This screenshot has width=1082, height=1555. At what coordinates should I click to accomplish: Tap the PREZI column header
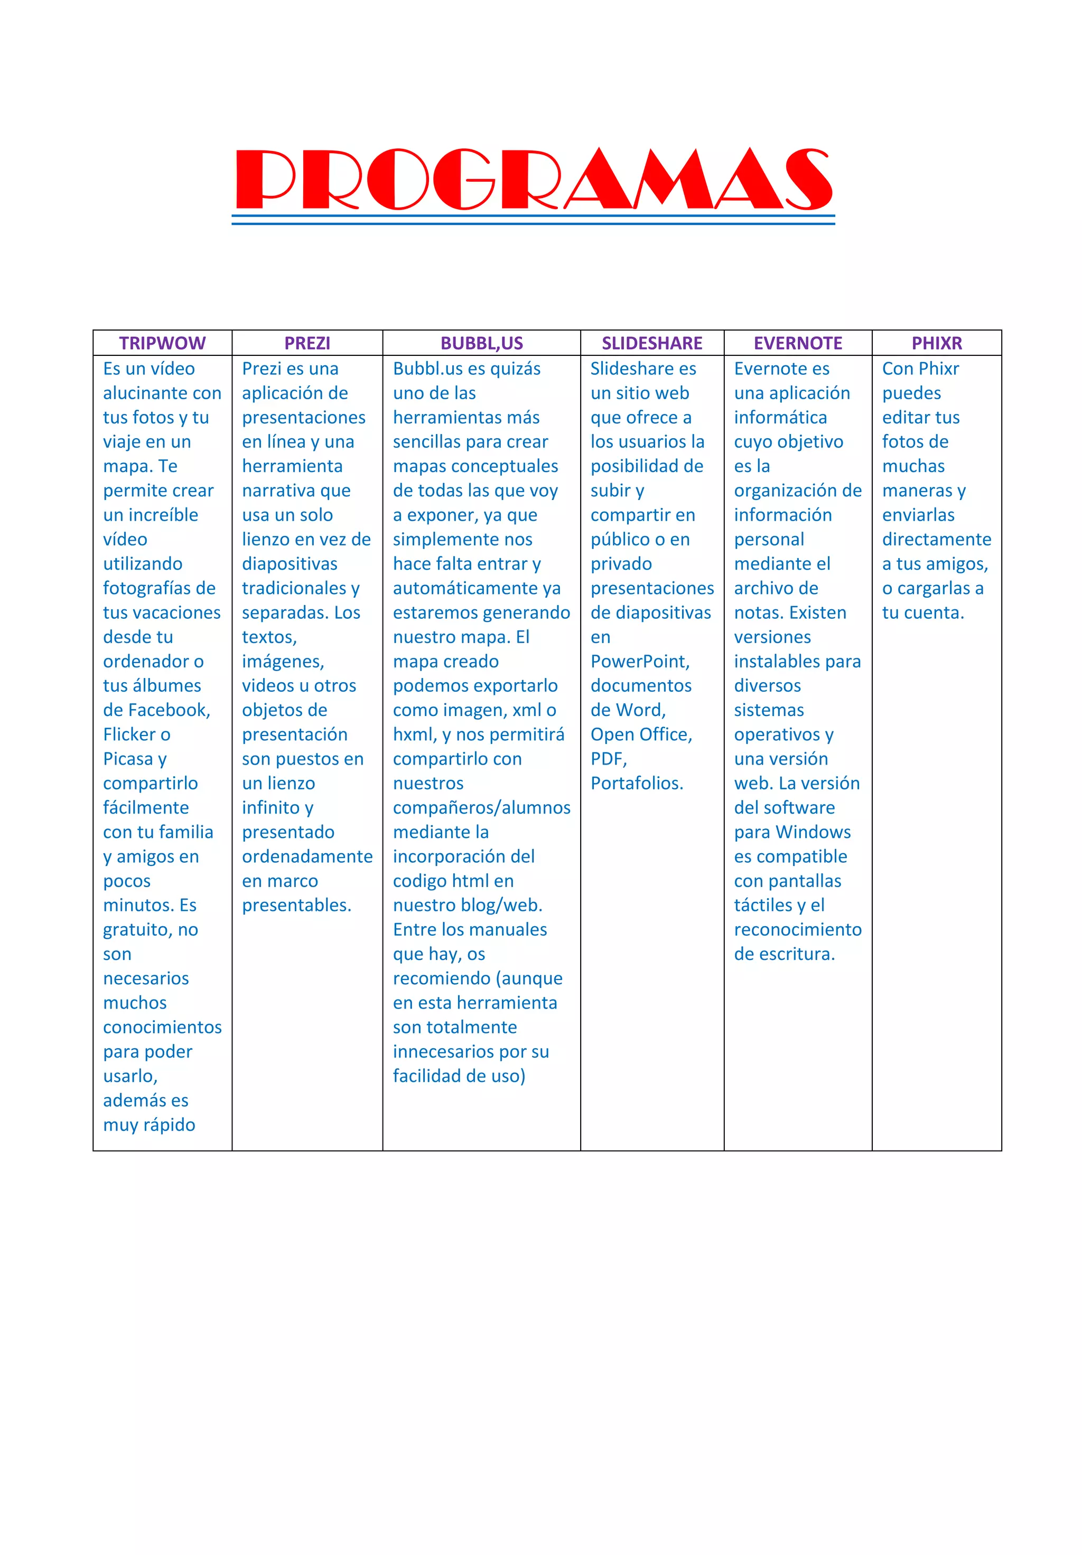(x=307, y=343)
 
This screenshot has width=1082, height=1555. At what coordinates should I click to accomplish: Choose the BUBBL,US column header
(x=482, y=343)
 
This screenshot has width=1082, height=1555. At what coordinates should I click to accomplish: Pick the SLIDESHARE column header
(x=652, y=343)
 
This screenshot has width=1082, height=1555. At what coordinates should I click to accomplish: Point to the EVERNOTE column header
(x=797, y=343)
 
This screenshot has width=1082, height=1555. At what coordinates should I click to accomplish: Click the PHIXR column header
(x=936, y=343)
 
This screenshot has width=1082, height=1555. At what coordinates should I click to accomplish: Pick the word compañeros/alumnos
(x=481, y=808)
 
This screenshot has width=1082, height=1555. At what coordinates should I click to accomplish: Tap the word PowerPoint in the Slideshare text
(x=640, y=662)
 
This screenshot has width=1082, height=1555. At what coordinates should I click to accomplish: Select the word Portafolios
(x=636, y=784)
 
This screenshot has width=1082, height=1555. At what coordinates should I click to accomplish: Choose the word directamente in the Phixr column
(x=936, y=540)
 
